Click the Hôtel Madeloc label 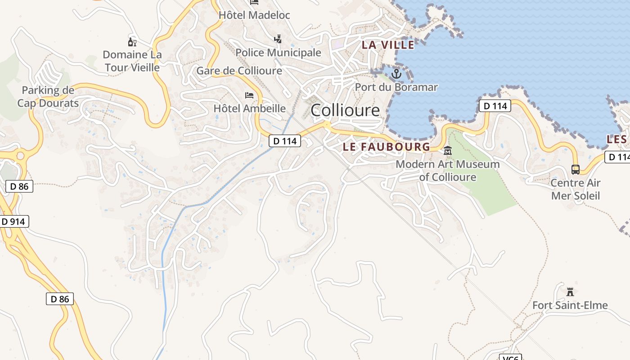(x=254, y=15)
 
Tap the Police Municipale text (x=279, y=53)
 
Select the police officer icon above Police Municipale (x=278, y=39)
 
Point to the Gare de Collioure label (x=239, y=71)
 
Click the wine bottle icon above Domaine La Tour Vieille (x=132, y=42)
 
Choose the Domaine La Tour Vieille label (x=132, y=61)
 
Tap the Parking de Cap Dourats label (x=48, y=97)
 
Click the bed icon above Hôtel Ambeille (x=249, y=95)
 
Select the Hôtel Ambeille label (x=249, y=108)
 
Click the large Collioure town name (x=345, y=110)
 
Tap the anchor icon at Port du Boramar (x=396, y=74)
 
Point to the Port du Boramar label (x=396, y=87)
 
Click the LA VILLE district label (x=388, y=45)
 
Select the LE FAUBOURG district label (x=387, y=147)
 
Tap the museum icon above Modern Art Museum (x=448, y=151)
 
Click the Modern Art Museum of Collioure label (x=448, y=171)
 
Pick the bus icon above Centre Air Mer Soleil (x=576, y=170)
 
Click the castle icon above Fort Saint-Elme (x=570, y=292)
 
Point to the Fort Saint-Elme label (x=570, y=306)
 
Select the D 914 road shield (x=14, y=221)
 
